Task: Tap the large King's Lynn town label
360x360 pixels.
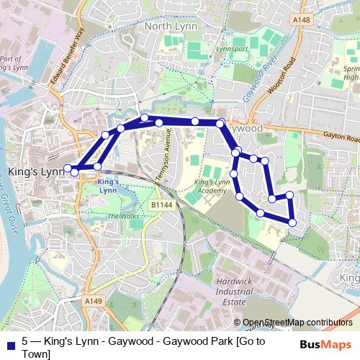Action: tap(35, 172)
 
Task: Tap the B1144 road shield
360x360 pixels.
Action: tap(163, 205)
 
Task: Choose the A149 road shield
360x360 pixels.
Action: tap(91, 300)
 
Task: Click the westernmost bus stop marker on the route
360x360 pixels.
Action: tap(68, 168)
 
